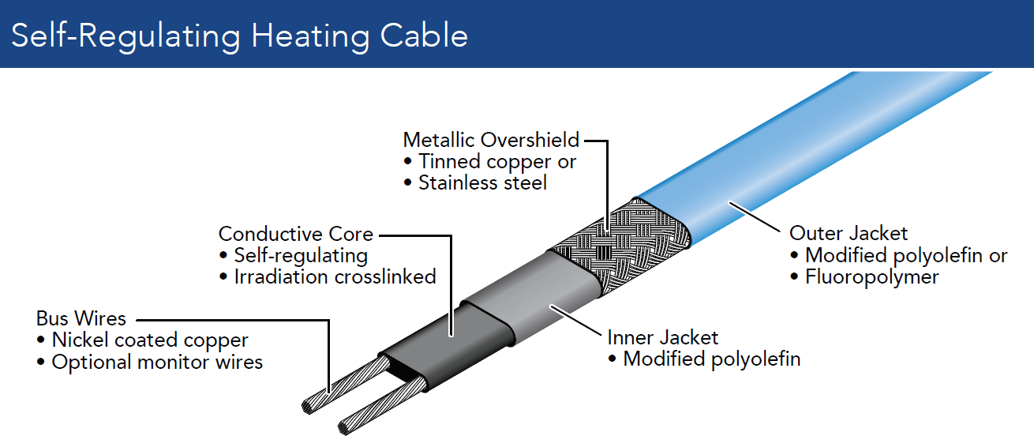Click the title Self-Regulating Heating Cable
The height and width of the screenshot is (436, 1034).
click(239, 36)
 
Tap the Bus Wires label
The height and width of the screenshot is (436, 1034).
click(81, 318)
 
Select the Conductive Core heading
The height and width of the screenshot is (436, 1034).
click(295, 234)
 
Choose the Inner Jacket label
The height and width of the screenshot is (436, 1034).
click(662, 337)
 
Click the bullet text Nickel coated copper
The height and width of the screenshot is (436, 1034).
click(150, 340)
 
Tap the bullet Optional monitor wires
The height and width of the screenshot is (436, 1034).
click(157, 363)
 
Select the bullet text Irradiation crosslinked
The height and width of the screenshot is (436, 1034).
click(335, 277)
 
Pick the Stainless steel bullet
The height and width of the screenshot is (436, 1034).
click(482, 182)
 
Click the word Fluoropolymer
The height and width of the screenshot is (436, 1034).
click(871, 277)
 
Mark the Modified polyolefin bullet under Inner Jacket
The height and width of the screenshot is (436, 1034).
click(711, 359)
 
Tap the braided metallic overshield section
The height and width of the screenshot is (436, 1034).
click(616, 237)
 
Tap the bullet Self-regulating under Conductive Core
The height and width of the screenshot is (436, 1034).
click(301, 256)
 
